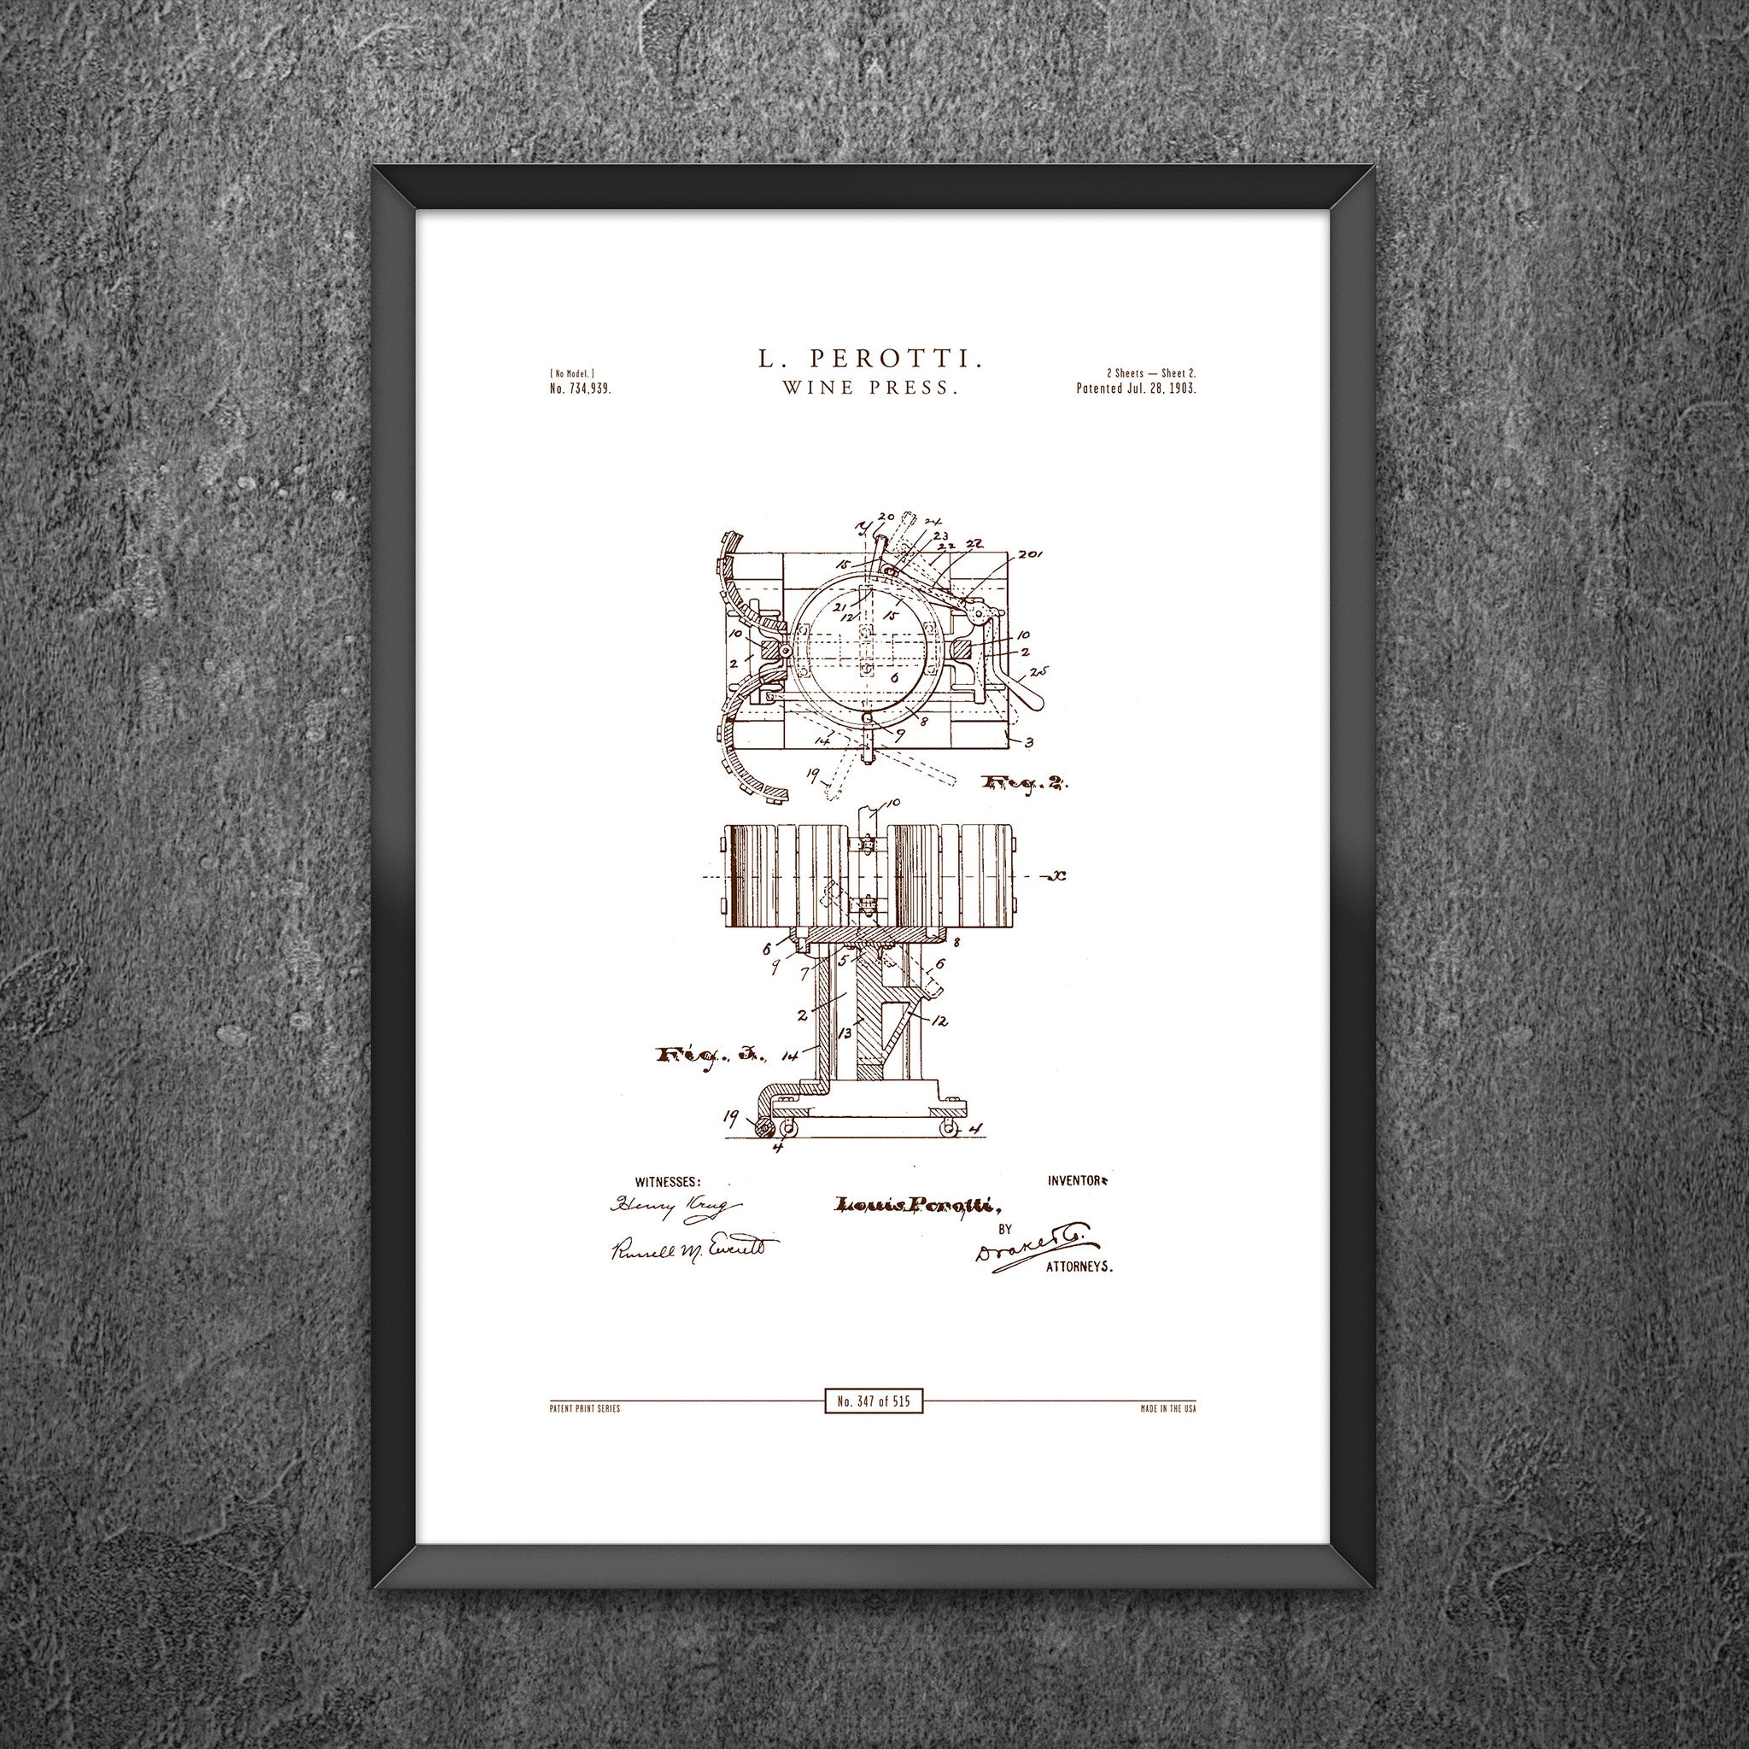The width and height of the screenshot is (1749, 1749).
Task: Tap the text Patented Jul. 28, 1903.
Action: pos(1136,389)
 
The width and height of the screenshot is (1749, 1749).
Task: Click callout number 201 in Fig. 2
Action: pos(1029,554)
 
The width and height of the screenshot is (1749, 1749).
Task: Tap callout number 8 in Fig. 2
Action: pos(922,722)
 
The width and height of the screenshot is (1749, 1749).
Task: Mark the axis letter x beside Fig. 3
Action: pos(1056,876)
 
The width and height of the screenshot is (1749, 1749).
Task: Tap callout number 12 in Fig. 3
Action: pos(939,1021)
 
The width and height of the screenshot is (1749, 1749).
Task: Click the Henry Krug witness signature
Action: pos(675,1206)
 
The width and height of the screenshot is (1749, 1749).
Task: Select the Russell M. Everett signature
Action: pos(693,1249)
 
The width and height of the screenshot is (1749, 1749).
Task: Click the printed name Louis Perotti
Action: pos(915,1204)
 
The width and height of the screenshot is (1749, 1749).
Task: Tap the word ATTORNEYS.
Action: pos(1079,1268)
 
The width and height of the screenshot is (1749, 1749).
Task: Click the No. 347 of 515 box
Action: pos(874,1402)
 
